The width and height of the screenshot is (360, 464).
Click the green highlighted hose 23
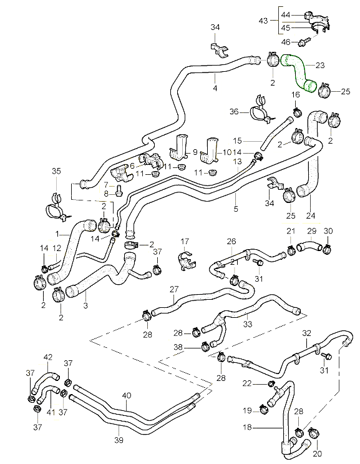(x=299, y=72)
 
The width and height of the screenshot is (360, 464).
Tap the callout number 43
(x=263, y=21)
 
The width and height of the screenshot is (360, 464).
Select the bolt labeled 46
(x=304, y=42)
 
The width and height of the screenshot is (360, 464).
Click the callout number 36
(x=234, y=112)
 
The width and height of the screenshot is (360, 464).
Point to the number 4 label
(x=215, y=88)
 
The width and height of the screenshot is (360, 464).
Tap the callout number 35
(x=56, y=171)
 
